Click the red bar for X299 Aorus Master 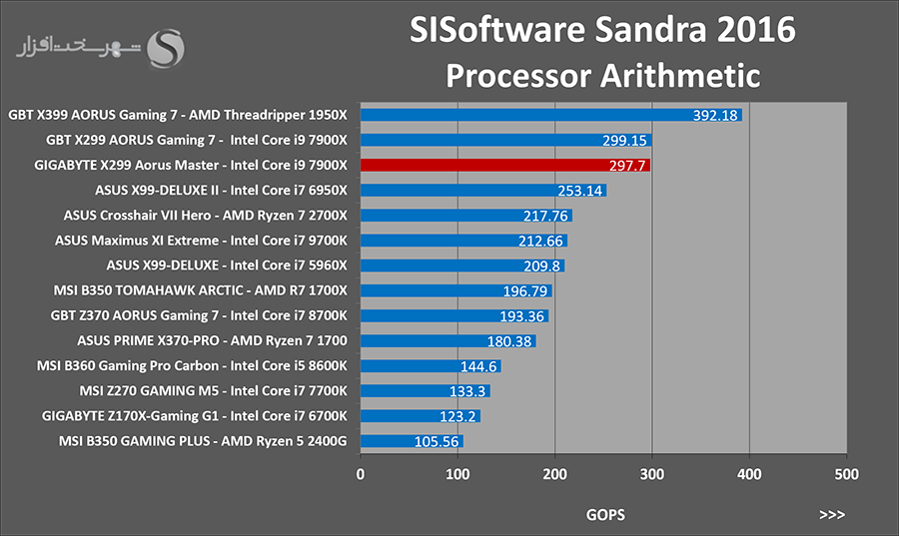click(x=505, y=166)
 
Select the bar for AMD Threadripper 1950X click(x=551, y=115)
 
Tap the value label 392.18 click(x=715, y=115)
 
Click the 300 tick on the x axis click(x=652, y=474)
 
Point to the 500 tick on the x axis click(x=847, y=474)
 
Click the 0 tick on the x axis click(x=360, y=474)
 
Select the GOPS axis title click(x=605, y=515)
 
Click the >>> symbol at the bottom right click(x=832, y=515)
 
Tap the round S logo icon click(x=166, y=49)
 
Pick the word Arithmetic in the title click(x=680, y=76)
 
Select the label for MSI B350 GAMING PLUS click(x=203, y=441)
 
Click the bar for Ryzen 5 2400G click(x=412, y=441)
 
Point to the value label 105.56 click(x=437, y=441)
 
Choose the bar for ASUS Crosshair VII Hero click(x=466, y=216)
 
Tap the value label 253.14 click(x=580, y=191)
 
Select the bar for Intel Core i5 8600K click(x=431, y=366)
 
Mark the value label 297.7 click(x=627, y=166)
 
